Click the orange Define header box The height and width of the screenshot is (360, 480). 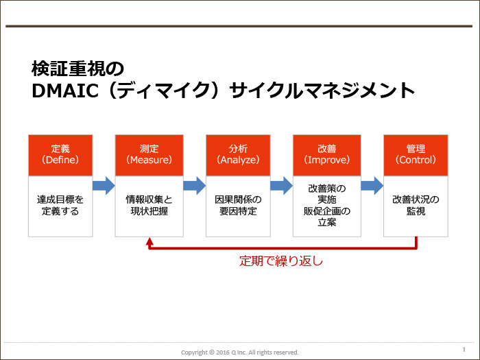tap(60, 155)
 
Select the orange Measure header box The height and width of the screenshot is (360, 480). tap(149, 155)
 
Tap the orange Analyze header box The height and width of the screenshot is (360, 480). tap(238, 155)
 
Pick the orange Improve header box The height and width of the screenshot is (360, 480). tap(327, 155)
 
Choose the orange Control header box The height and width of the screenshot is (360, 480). tap(416, 155)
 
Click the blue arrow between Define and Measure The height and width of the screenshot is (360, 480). tap(104, 186)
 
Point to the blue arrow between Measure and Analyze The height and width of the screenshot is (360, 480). tap(195, 186)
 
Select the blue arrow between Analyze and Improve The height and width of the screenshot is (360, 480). tap(282, 186)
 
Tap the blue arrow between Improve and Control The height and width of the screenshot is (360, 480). tap(372, 186)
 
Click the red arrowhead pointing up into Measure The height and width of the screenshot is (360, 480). tap(149, 241)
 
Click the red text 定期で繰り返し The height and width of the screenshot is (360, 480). tap(281, 261)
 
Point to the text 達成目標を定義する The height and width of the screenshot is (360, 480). tap(60, 206)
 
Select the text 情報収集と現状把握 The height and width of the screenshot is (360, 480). tap(149, 206)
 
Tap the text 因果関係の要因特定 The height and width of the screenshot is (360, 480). tap(238, 206)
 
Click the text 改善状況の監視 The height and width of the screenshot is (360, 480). tap(416, 206)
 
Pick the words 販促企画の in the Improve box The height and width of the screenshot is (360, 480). tap(327, 211)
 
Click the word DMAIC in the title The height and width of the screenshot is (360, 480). tap(65, 91)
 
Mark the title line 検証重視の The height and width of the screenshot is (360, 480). tap(77, 69)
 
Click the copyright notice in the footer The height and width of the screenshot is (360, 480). tap(240, 352)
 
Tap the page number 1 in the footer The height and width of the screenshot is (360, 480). tap(464, 349)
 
